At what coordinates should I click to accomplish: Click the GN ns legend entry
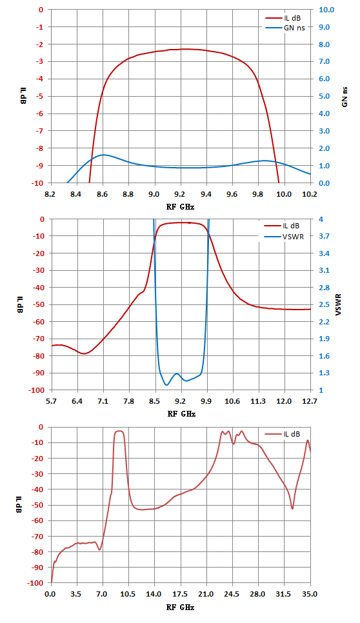pyautogui.click(x=285, y=28)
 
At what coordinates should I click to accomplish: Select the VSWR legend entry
pyautogui.click(x=284, y=237)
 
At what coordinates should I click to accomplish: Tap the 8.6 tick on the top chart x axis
pyautogui.click(x=103, y=194)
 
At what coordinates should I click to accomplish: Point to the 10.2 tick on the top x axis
pyautogui.click(x=310, y=194)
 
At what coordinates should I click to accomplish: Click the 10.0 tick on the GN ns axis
pyautogui.click(x=326, y=10)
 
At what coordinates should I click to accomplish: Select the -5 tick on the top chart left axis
pyautogui.click(x=40, y=96)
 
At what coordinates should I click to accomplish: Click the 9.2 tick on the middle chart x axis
pyautogui.click(x=181, y=401)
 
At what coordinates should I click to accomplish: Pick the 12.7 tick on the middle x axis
pyautogui.click(x=310, y=401)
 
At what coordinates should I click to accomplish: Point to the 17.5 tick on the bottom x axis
pyautogui.click(x=181, y=594)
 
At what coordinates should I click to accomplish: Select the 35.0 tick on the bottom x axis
pyautogui.click(x=310, y=594)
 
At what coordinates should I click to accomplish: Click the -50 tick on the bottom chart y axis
pyautogui.click(x=38, y=505)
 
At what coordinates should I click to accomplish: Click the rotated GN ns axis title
pyautogui.click(x=345, y=97)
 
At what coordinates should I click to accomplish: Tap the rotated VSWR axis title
pyautogui.click(x=338, y=305)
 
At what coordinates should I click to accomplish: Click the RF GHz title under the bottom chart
pyautogui.click(x=181, y=607)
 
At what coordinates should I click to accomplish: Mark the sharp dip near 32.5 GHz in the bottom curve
pyautogui.click(x=292, y=509)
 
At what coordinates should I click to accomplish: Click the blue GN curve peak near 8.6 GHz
pyautogui.click(x=103, y=155)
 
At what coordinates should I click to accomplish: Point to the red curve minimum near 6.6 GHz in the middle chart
pyautogui.click(x=84, y=353)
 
